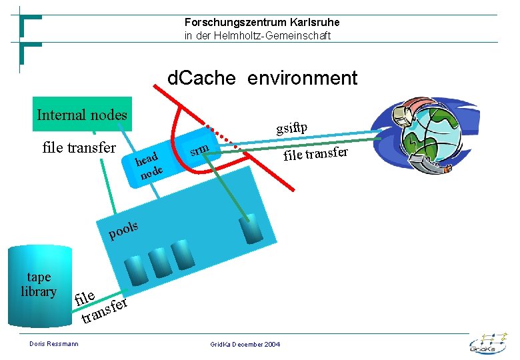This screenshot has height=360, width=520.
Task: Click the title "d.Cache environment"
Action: (262, 79)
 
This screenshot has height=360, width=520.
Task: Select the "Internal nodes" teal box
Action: (82, 115)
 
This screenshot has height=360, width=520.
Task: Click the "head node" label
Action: (147, 166)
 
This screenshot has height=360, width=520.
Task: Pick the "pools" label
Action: (123, 230)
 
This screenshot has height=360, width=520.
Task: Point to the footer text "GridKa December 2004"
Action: (245, 344)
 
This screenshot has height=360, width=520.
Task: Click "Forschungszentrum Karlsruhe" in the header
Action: (262, 23)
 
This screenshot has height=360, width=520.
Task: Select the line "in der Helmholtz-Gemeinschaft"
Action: (257, 36)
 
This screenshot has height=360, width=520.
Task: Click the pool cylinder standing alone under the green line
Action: (252, 229)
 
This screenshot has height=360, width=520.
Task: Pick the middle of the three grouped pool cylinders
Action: (159, 262)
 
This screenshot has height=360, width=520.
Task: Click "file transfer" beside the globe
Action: (316, 154)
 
